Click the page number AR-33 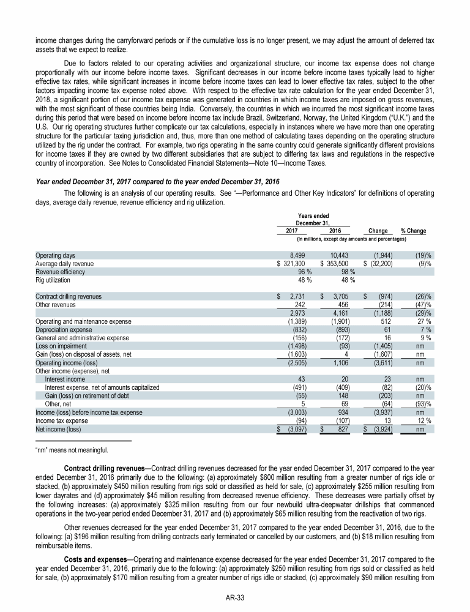pyautogui.click(x=235, y=597)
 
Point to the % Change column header pyautogui.click(x=413, y=231)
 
